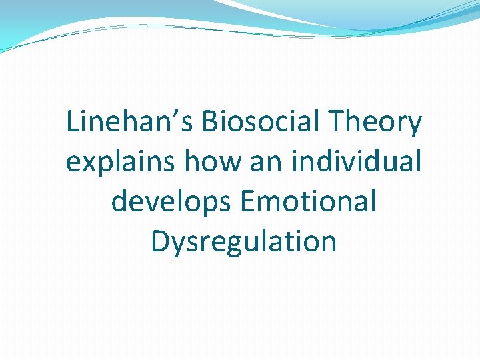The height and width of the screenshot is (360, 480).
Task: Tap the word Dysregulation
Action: (243, 241)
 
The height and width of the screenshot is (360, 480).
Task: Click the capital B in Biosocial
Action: (208, 123)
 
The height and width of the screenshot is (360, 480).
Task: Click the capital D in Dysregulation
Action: (160, 241)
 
